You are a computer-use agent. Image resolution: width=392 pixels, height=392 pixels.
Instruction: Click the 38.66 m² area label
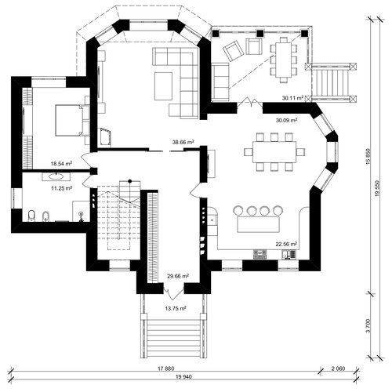pos(183,143)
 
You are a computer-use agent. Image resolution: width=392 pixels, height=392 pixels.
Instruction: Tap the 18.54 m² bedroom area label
pos(61,164)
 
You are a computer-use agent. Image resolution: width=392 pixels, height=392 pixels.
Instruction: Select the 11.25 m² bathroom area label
pos(62,188)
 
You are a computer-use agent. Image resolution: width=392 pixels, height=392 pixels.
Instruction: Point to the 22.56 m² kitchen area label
pos(286,245)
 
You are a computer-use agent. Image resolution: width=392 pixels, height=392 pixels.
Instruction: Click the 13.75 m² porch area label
pos(176,308)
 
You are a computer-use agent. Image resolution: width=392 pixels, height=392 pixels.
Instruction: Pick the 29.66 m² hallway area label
pos(178,276)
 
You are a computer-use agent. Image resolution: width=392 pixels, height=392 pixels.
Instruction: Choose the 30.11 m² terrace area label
pos(292,98)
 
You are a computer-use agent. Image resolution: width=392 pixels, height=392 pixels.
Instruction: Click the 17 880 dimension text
pos(165,368)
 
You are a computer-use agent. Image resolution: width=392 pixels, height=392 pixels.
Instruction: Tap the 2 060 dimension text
pos(338,368)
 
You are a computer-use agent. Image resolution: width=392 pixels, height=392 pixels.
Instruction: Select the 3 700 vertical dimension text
pos(368,325)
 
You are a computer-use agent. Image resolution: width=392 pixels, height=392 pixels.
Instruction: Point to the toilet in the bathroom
pos(31,216)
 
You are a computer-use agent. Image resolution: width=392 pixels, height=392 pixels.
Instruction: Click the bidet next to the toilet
pos(45,216)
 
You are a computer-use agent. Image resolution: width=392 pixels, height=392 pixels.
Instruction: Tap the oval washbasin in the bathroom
pos(56,176)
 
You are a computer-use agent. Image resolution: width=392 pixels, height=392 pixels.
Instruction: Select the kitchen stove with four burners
pos(260,254)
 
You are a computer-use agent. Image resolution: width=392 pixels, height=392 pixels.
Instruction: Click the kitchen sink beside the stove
pos(289,255)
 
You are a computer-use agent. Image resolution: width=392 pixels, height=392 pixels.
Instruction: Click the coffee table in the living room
pos(163,86)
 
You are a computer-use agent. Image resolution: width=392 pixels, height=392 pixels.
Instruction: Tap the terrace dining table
pos(283,60)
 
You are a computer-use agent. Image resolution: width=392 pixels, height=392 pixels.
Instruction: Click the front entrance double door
pos(174,292)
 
